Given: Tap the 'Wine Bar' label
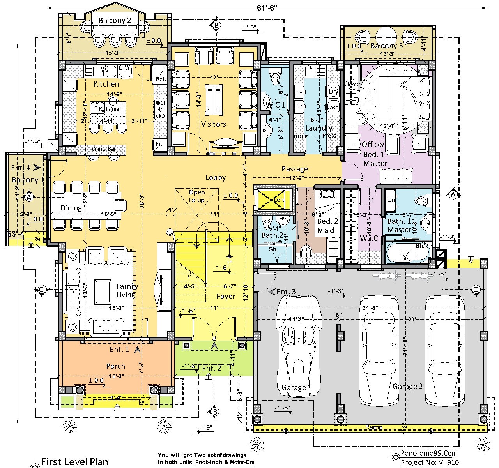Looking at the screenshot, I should [102, 149].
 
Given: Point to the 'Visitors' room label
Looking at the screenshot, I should [213, 124].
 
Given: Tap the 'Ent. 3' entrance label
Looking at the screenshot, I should [286, 291].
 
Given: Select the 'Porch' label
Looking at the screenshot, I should [116, 366].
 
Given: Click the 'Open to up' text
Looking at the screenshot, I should [196, 196].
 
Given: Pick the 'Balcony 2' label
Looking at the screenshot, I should [115, 21].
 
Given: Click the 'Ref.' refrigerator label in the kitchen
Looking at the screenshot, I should [161, 79].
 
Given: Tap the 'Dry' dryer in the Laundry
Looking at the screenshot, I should [333, 92].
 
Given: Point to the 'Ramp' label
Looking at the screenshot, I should [374, 427].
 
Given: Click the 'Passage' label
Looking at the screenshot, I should [295, 169].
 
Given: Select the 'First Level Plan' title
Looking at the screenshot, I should [74, 462].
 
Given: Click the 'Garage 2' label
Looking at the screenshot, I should [407, 386].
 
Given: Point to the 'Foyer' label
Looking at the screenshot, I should [226, 297].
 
